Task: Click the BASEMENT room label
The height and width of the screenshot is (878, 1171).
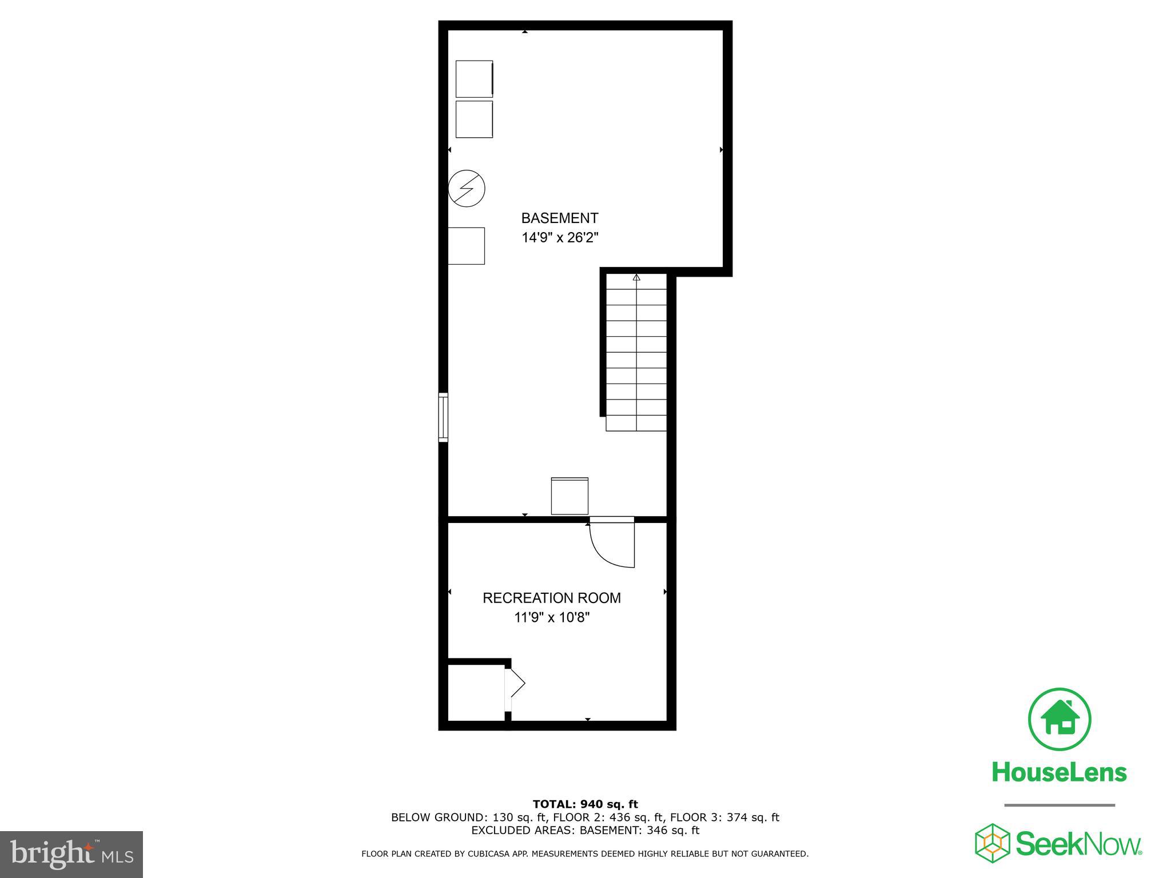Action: click(559, 218)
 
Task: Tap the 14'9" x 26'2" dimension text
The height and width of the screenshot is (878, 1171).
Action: click(559, 237)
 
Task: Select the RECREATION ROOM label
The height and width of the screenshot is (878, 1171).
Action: click(551, 598)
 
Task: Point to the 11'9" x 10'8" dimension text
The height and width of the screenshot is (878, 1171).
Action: click(551, 617)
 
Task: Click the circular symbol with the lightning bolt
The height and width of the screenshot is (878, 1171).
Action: click(467, 188)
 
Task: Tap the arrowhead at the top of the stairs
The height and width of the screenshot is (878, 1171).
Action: click(636, 278)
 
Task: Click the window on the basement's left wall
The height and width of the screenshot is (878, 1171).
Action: click(443, 417)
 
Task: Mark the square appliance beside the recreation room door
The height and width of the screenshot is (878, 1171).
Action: click(569, 496)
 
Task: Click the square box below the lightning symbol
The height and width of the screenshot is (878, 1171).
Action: click(466, 246)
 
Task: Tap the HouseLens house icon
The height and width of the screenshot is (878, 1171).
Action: click(1060, 719)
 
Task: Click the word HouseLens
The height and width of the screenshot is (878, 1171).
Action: click(1059, 772)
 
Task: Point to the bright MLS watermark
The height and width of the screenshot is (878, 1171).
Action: click(71, 854)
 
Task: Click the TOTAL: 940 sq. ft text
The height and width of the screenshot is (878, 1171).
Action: click(585, 804)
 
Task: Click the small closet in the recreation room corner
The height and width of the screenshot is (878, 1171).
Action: click(475, 693)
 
